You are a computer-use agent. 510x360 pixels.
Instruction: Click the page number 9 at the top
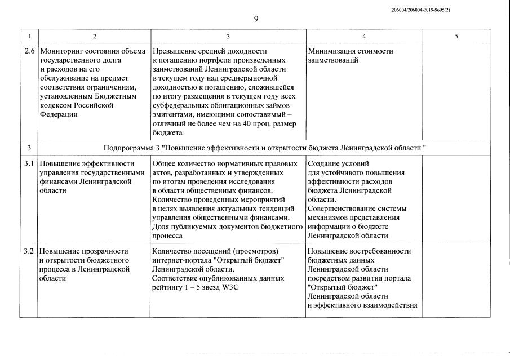[x=256, y=19]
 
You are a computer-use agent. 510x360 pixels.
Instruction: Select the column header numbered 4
[x=363, y=36]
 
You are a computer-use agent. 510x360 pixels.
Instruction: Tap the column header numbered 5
[x=456, y=36]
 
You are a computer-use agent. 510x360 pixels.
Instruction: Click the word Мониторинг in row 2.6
[x=61, y=51]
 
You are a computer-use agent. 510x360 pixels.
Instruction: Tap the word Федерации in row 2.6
[x=59, y=114]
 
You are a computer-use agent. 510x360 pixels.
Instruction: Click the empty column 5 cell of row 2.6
[x=456, y=90]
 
